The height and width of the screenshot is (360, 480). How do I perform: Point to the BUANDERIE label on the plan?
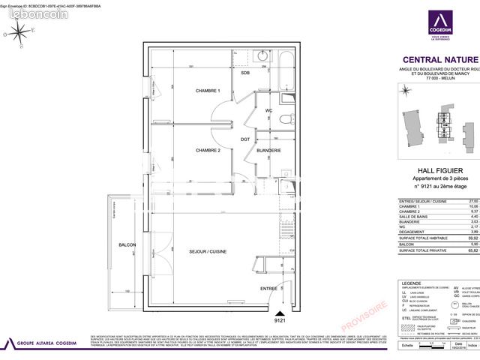coord(269,151)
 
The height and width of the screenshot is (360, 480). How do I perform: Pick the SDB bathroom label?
coord(245,73)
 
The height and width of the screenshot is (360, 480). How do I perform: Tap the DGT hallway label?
coord(244,139)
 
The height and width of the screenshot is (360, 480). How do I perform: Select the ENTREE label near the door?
coord(268,288)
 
